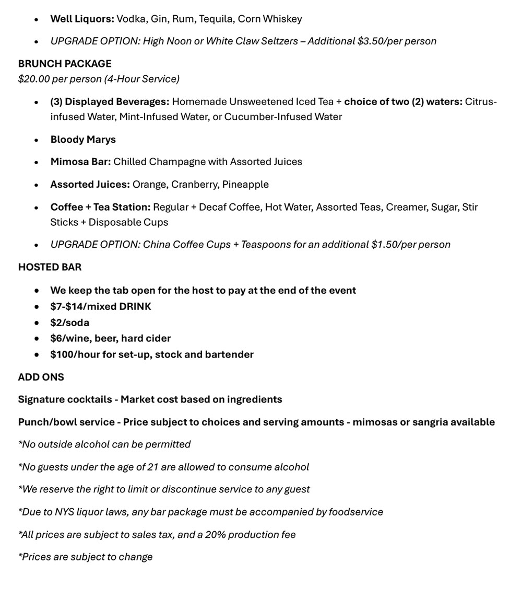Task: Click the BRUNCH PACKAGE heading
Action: click(65, 64)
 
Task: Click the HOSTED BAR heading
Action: click(50, 267)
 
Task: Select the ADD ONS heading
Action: click(41, 377)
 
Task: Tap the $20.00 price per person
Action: click(35, 79)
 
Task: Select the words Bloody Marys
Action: click(83, 140)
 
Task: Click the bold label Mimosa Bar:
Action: click(80, 162)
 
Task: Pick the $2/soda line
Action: click(69, 323)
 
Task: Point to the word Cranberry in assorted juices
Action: click(194, 185)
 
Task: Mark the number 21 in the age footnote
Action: click(152, 467)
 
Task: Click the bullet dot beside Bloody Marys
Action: click(36, 140)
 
